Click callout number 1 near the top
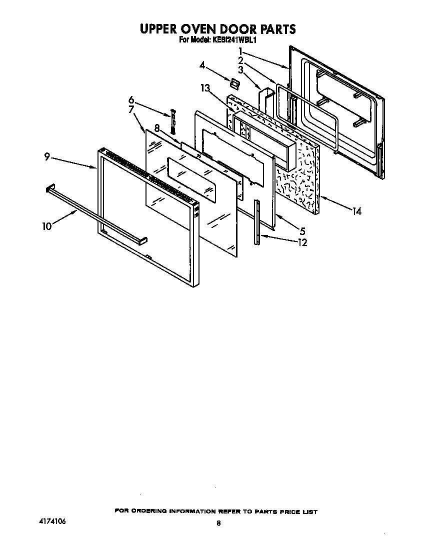[x=240, y=51]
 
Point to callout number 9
[x=46, y=157]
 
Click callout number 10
[x=47, y=226]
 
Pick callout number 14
[x=356, y=211]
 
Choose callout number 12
[x=301, y=242]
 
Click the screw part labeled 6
[x=173, y=120]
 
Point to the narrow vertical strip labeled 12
[x=257, y=222]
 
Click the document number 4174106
[x=51, y=521]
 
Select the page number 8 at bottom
[x=218, y=523]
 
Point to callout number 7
[x=131, y=109]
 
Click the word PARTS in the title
[x=273, y=29]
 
